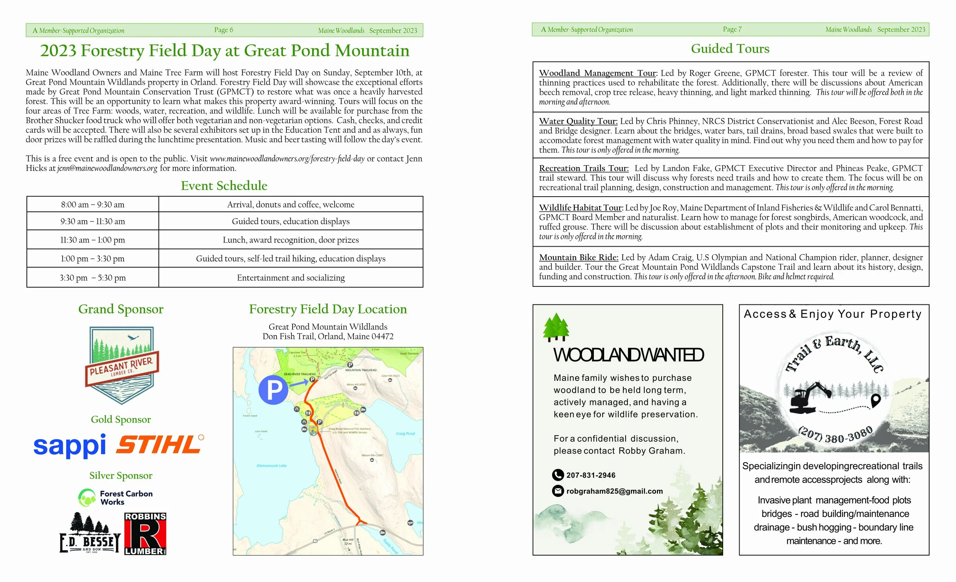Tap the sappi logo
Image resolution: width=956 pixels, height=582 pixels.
[70, 445]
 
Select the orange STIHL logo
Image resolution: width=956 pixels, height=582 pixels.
[159, 445]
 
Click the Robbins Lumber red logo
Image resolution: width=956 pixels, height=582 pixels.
[145, 534]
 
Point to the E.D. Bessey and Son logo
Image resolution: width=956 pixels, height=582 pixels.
[90, 533]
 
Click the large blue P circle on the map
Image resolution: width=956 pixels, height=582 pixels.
[273, 390]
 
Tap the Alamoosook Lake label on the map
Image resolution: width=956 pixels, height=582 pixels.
[272, 466]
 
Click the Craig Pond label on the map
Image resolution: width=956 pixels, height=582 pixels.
[405, 433]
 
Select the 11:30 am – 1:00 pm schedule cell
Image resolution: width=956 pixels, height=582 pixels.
[92, 240]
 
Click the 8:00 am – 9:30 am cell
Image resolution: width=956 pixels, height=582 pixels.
[92, 205]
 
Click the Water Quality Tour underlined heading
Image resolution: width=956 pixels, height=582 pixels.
[578, 121]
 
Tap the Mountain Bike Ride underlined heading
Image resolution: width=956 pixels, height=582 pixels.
[578, 257]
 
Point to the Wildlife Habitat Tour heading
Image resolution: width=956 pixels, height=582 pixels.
[580, 208]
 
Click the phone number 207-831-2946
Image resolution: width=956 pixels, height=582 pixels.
[590, 475]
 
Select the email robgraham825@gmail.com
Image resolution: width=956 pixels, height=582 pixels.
[614, 491]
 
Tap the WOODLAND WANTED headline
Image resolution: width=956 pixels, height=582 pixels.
[628, 355]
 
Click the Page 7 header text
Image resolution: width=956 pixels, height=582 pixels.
[732, 29]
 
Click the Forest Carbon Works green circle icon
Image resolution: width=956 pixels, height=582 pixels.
[87, 498]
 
